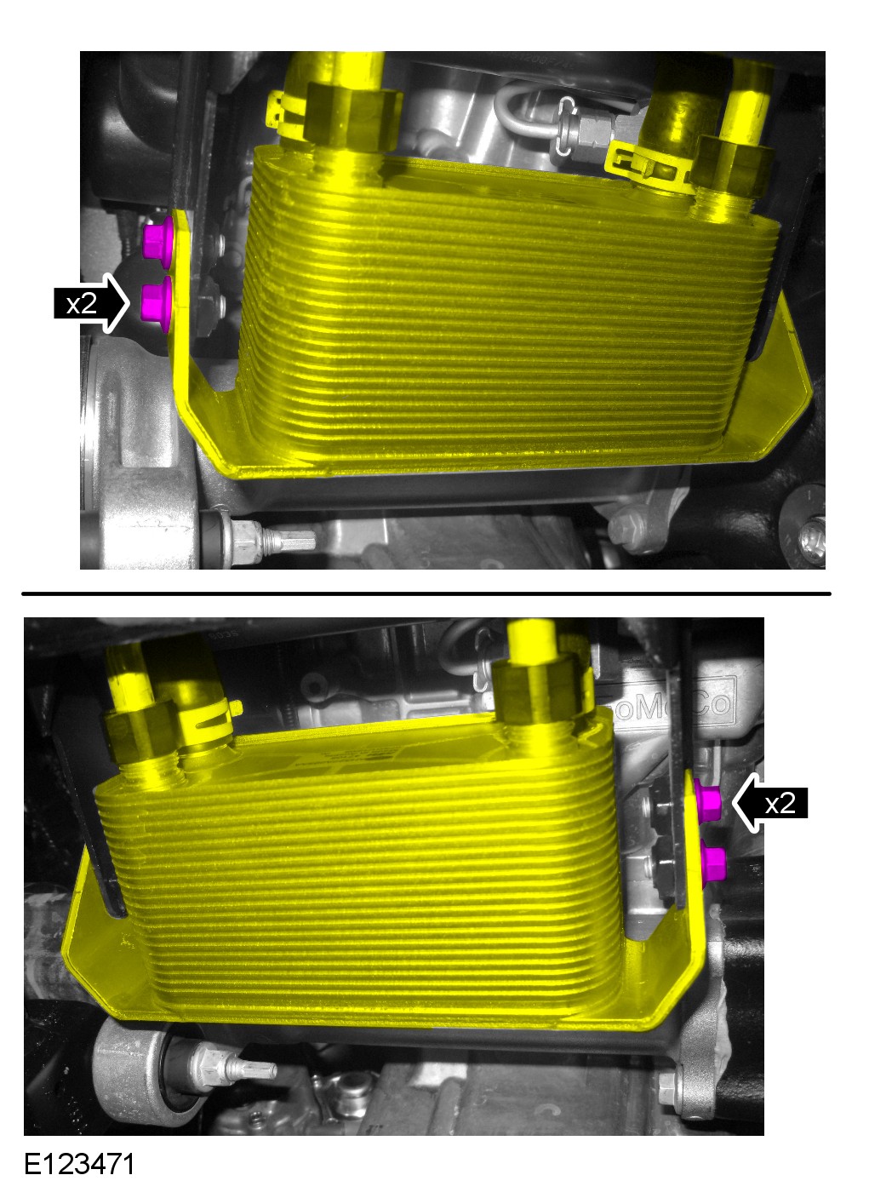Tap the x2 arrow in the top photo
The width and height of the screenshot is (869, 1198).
(x=91, y=303)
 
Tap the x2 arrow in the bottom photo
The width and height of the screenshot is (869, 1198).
(x=769, y=802)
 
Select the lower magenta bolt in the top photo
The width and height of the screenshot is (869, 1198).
(x=156, y=301)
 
